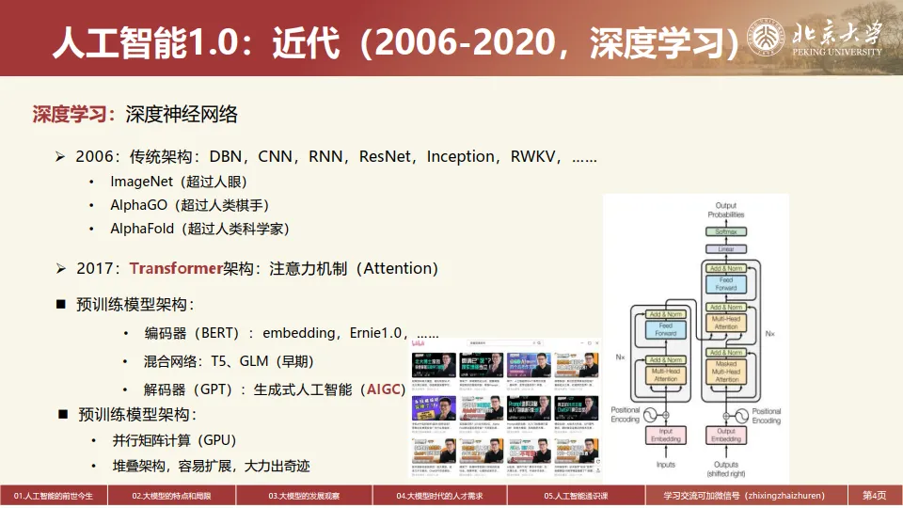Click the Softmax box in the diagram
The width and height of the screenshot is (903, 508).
coord(726,231)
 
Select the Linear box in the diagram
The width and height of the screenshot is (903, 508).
coord(726,249)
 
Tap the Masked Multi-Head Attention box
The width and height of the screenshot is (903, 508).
coord(726,372)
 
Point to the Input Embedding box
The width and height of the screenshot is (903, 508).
coord(666,436)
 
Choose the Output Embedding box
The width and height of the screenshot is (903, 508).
coord(726,436)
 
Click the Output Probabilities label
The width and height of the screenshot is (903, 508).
coord(726,210)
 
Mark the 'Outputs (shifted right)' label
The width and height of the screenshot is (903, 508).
coord(726,468)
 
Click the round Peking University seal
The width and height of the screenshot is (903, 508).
coord(767,38)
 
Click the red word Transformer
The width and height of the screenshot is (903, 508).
coord(176,269)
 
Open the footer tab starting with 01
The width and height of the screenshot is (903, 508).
coord(54,496)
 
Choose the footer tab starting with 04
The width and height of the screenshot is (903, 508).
coord(439,496)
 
